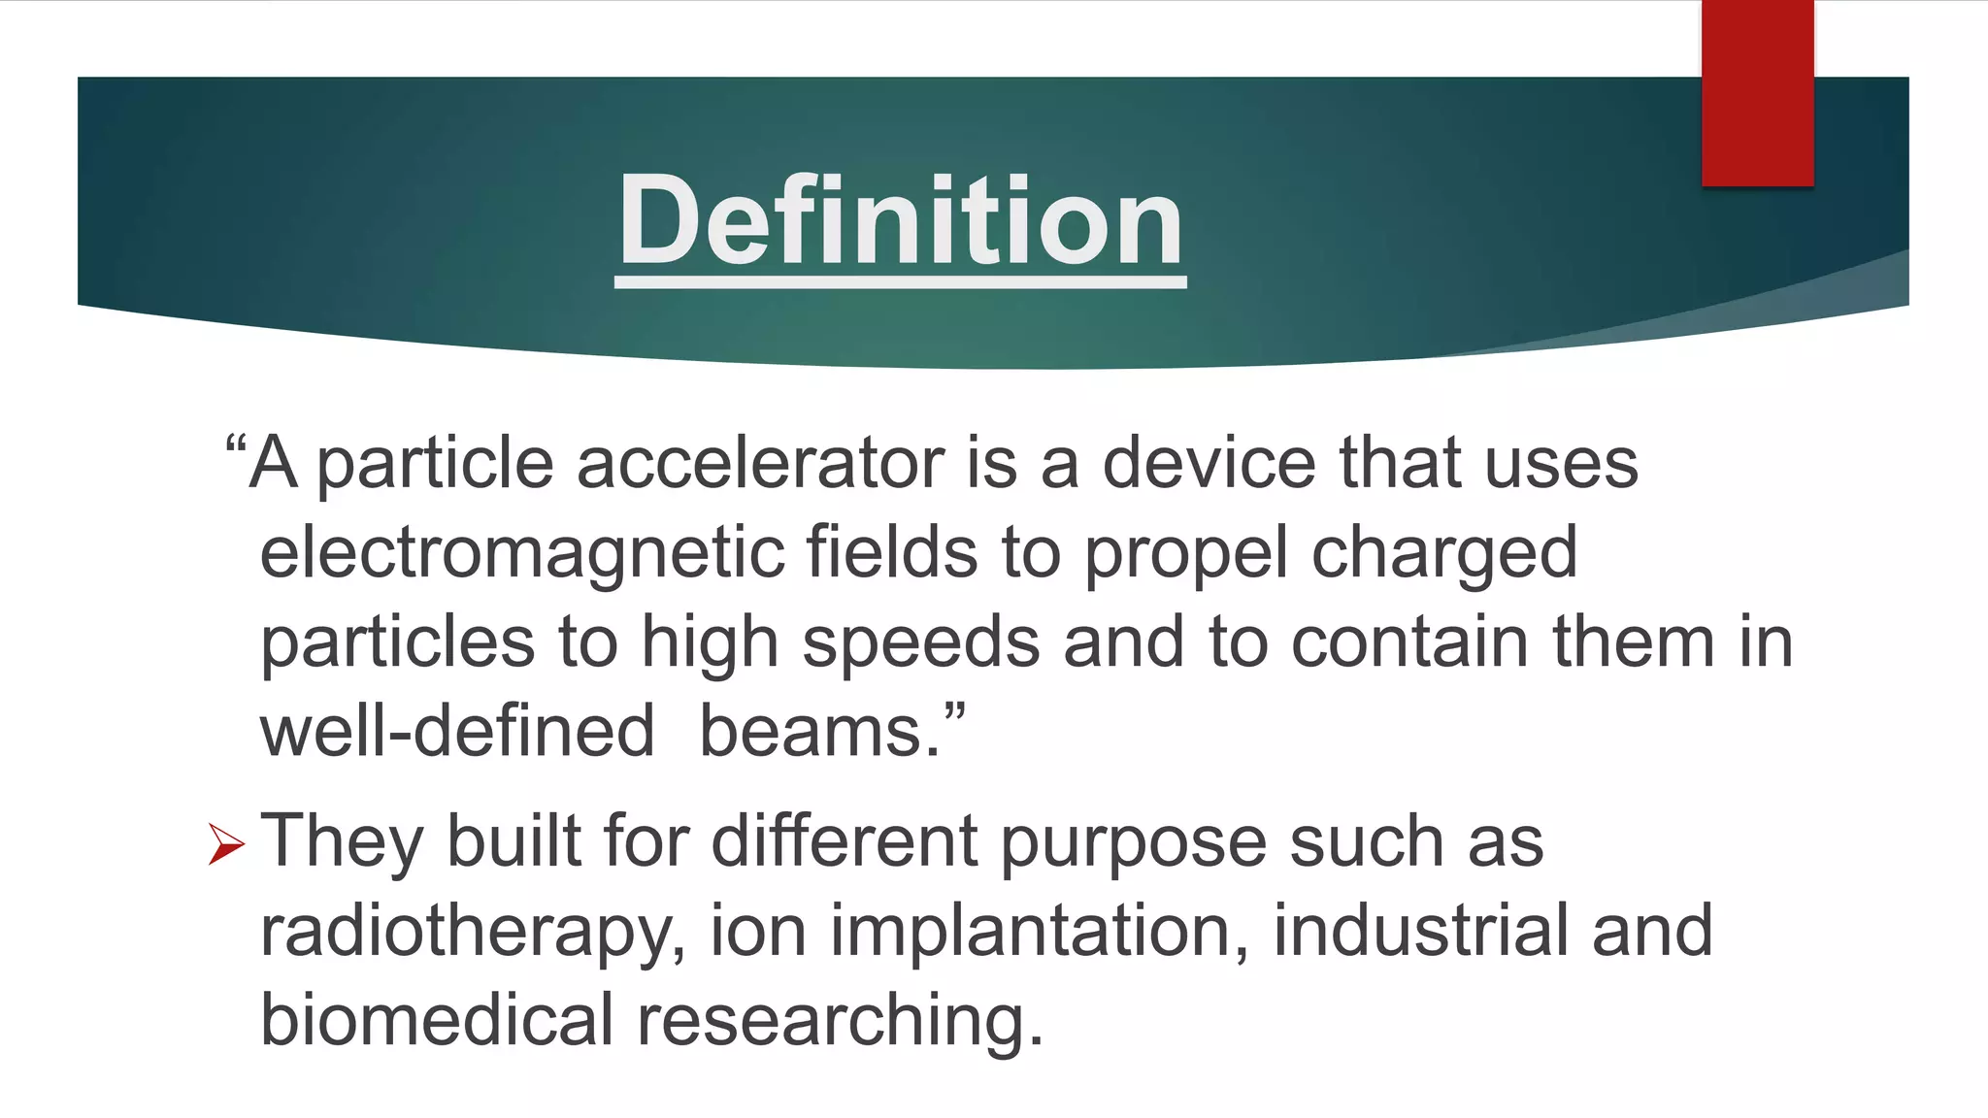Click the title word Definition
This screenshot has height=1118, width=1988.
[x=901, y=220]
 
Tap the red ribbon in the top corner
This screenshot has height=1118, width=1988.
[x=1757, y=92]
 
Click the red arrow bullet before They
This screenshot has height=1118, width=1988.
[x=226, y=842]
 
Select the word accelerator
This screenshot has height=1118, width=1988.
[x=760, y=463]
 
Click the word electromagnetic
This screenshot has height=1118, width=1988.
[x=521, y=553]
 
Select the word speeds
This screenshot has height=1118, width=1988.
[x=921, y=643]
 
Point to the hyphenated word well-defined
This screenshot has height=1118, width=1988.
[x=457, y=732]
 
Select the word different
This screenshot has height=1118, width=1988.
[x=845, y=840]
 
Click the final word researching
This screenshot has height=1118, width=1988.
[x=840, y=1022]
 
